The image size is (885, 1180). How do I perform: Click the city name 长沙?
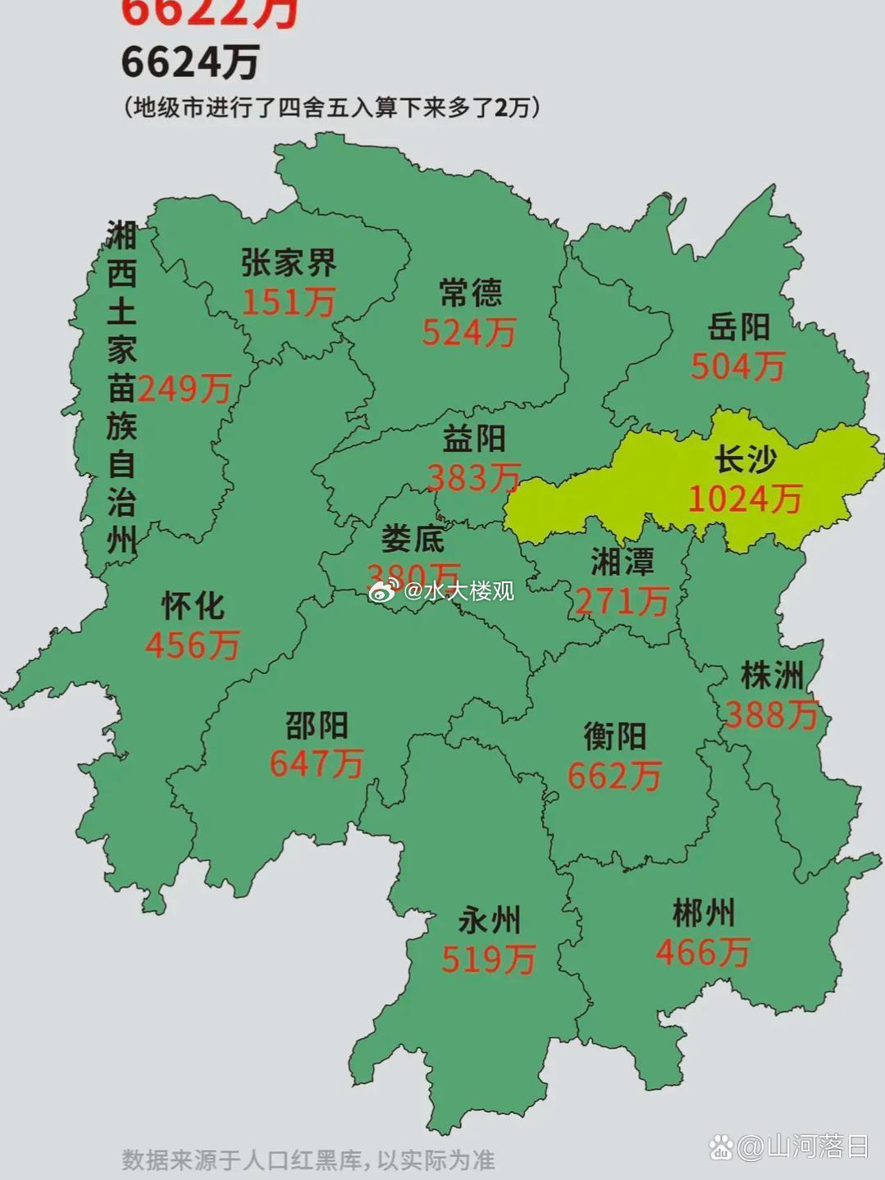745,459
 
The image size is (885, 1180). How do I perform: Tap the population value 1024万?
745,499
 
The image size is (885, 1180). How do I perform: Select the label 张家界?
289,263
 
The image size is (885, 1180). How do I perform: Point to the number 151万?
289,303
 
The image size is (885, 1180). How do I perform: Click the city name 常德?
470,293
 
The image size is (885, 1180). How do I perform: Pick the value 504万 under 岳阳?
737,367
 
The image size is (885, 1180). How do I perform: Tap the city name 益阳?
474,439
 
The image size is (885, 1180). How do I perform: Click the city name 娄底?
413,539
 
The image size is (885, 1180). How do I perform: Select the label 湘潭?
623,563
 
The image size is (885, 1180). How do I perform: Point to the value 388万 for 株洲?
772,715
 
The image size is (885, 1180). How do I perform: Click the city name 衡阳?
615,736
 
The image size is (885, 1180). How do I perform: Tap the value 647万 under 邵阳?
317,764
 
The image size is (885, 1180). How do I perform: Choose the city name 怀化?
193,606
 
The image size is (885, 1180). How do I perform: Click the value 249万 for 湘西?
185,389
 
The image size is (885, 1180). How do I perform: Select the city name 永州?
489,920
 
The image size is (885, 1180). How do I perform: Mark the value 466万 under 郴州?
703,952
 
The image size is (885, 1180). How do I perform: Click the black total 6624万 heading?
190,63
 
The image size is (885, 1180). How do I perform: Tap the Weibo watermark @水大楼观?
442,590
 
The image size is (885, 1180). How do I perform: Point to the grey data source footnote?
308,1159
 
